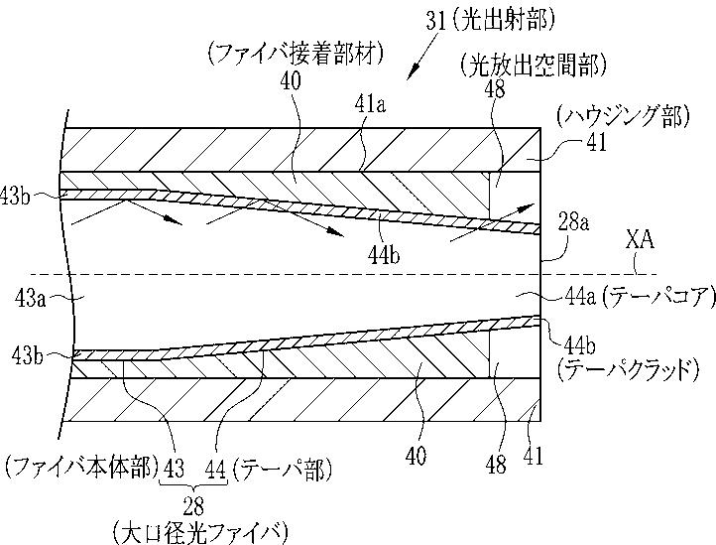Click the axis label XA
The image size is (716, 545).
pos(639,240)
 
